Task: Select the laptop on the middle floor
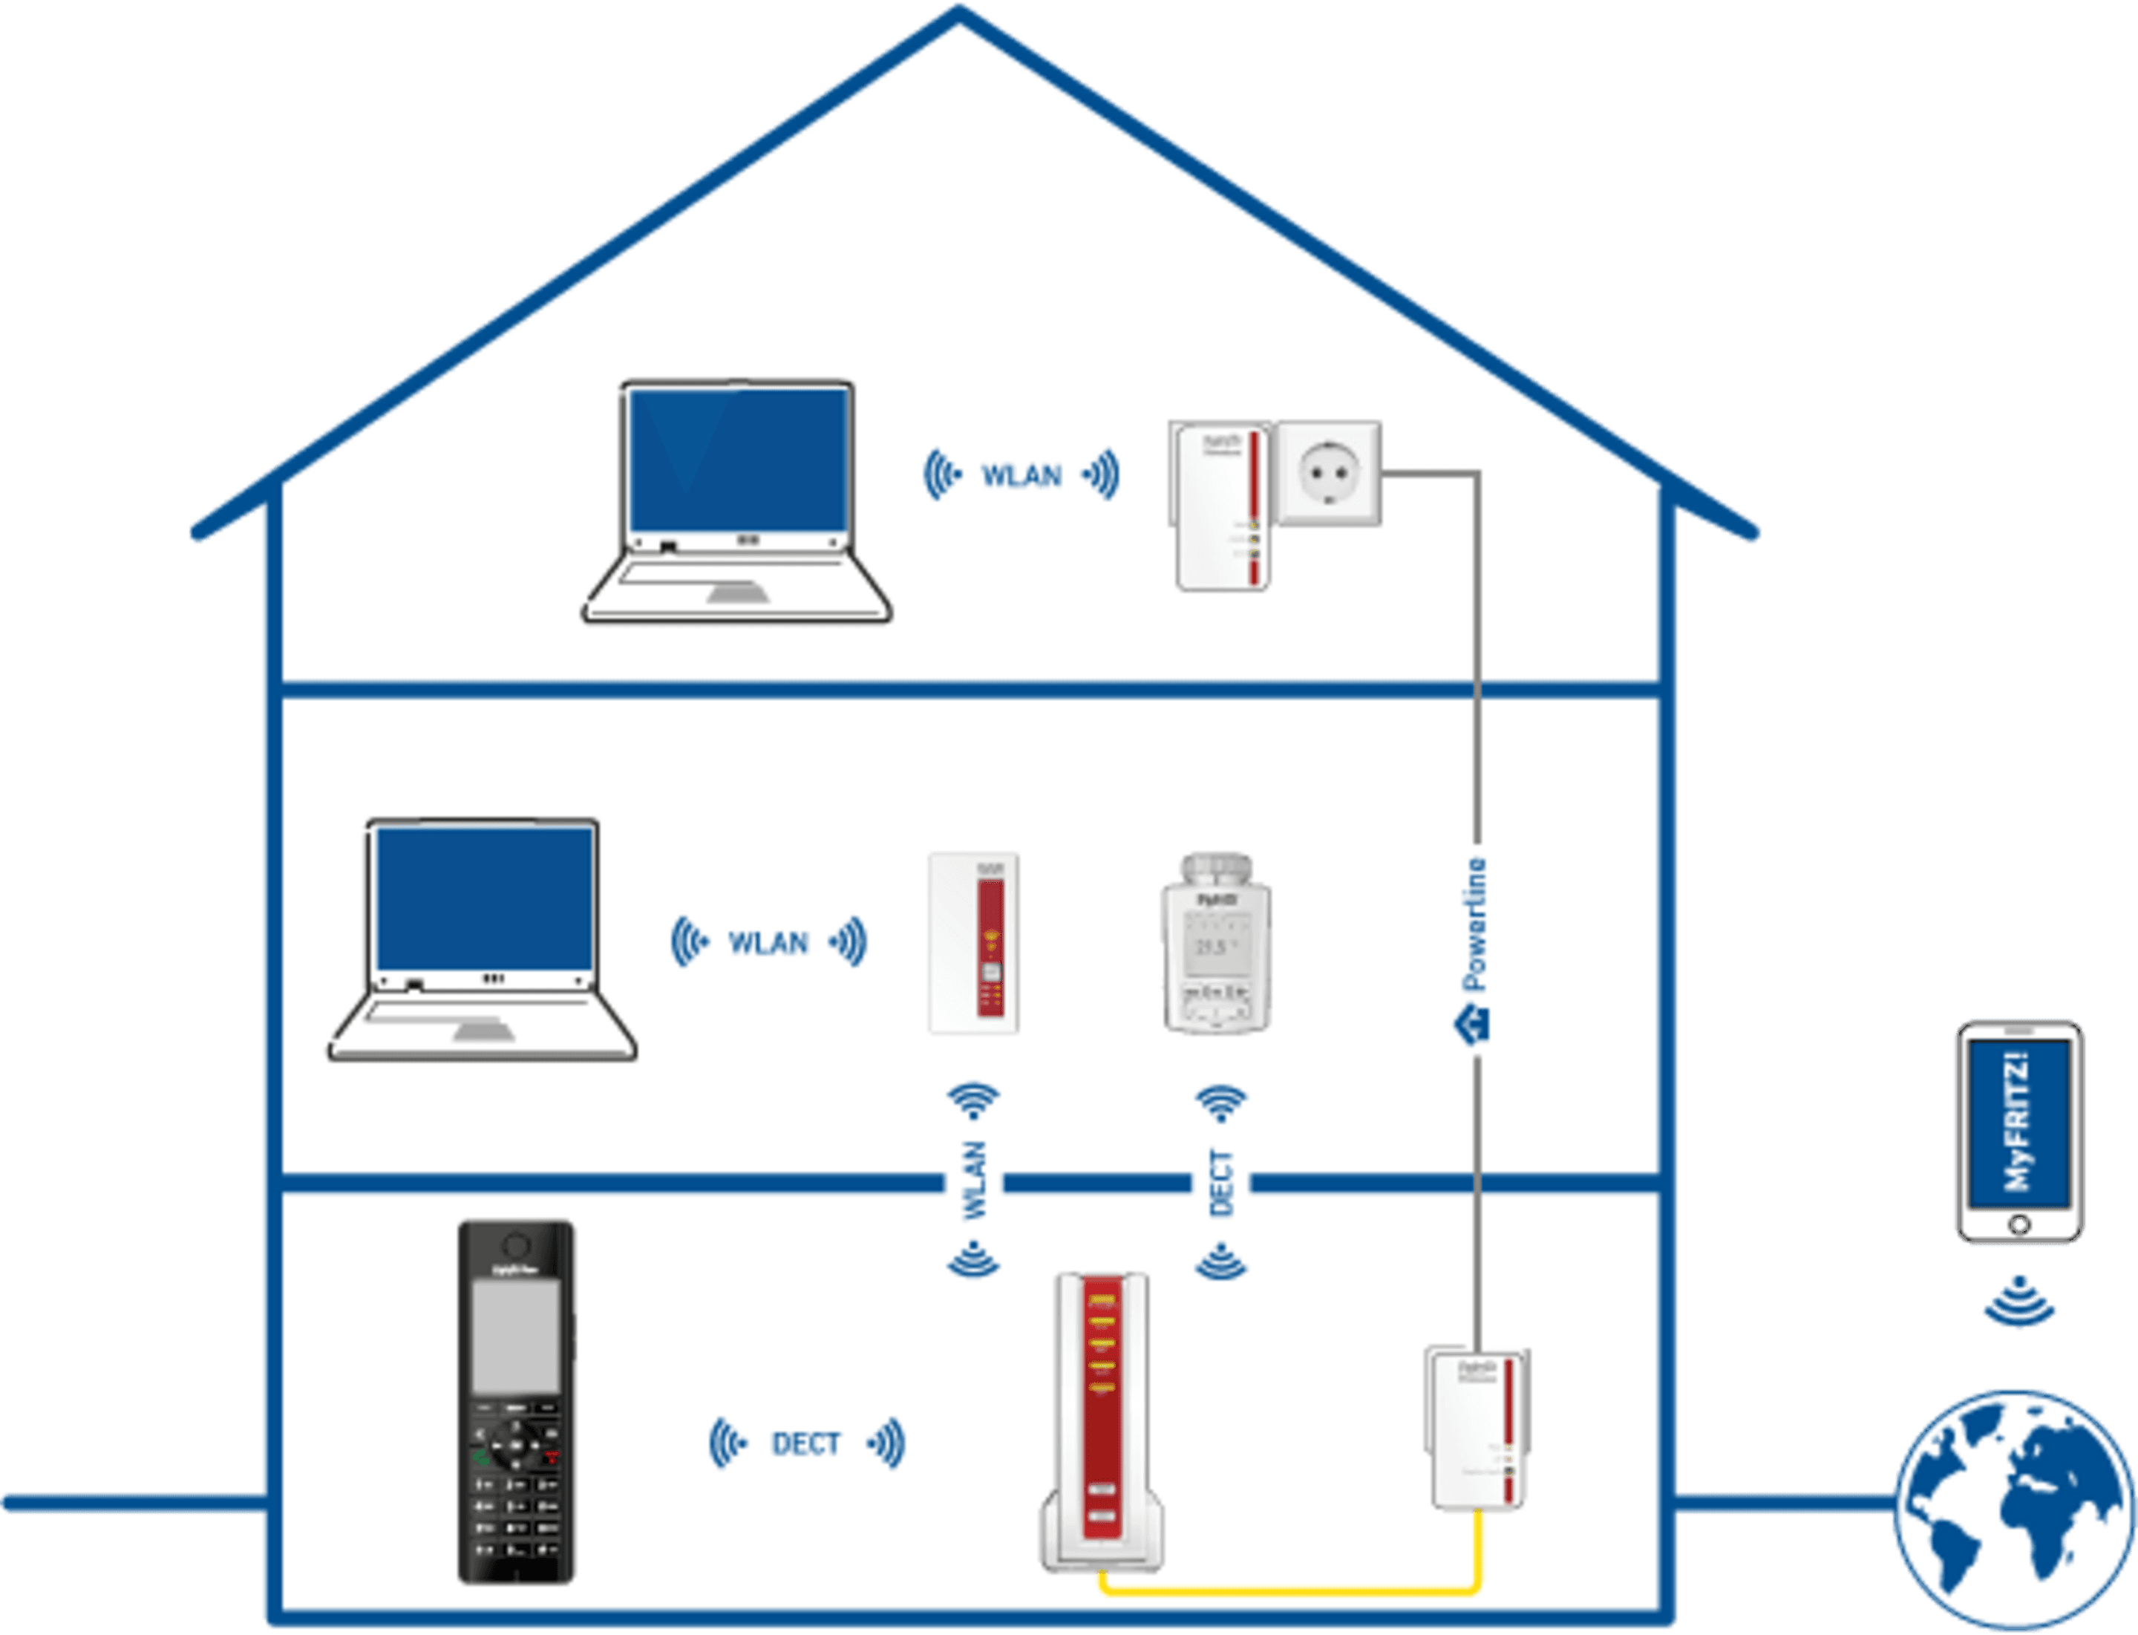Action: point(483,939)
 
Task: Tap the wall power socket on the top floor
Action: point(1328,474)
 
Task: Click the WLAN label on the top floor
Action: point(1021,476)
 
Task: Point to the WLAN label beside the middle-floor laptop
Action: point(768,943)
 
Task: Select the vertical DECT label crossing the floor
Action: point(1221,1183)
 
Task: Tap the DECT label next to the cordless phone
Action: point(805,1444)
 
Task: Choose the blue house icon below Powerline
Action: point(1471,1025)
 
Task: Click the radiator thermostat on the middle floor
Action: point(1217,943)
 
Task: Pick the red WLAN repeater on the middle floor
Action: point(974,943)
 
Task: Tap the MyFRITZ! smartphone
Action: point(2019,1132)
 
